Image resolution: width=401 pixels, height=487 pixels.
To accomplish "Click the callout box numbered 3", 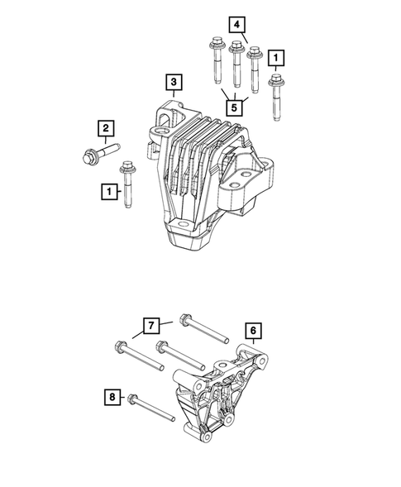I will coord(173,82).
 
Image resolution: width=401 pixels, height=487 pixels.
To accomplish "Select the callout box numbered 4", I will coord(238,25).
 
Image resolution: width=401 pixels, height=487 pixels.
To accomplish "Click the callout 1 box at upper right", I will coord(276,58).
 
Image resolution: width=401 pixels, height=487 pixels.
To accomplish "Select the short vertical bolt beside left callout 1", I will coord(127,189).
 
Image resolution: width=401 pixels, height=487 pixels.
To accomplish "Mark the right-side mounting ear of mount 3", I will coord(247,178).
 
